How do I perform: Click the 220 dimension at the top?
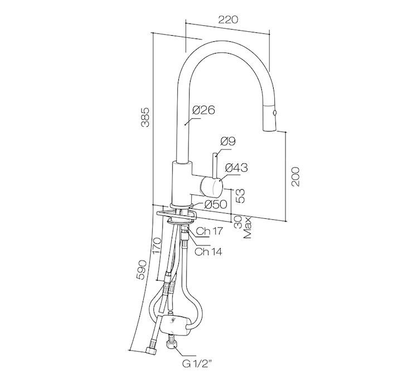tap(228, 20)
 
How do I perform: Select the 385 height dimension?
tap(145, 117)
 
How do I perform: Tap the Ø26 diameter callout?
tap(203, 110)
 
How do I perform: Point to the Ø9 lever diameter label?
tap(228, 141)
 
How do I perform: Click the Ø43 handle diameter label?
tap(236, 167)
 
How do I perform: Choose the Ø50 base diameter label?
tap(216, 204)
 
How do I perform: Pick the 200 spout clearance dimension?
tap(295, 176)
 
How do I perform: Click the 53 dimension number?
tap(240, 196)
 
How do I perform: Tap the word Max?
tap(247, 228)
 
